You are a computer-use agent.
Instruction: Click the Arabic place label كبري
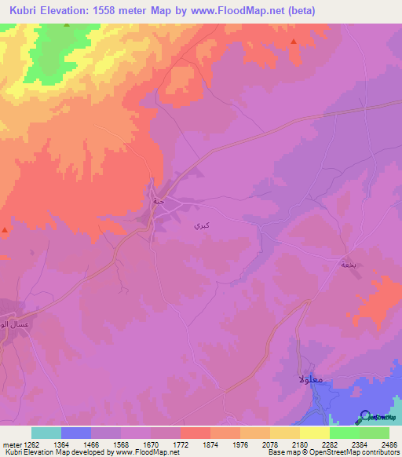(201, 225)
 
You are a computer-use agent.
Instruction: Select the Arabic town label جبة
(159, 201)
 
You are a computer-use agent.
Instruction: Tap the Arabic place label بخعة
(348, 265)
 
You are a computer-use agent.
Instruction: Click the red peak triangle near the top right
(293, 42)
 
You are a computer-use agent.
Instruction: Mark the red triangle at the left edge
(5, 230)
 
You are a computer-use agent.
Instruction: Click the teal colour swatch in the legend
(46, 433)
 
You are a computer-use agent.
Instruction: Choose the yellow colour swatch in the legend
(315, 433)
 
